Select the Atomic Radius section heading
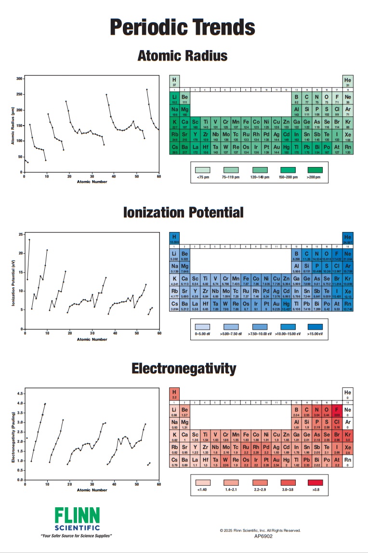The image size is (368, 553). pos(183,56)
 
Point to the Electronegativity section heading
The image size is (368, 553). pos(184,369)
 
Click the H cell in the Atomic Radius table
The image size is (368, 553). pos(174,81)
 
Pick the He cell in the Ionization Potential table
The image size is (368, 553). pos(348,238)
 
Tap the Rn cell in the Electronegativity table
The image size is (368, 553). pos(348,462)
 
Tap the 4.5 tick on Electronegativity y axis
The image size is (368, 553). pos(20,393)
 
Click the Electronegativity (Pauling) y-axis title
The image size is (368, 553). pos(13,437)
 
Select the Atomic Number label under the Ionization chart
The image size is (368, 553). pos(92,339)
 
